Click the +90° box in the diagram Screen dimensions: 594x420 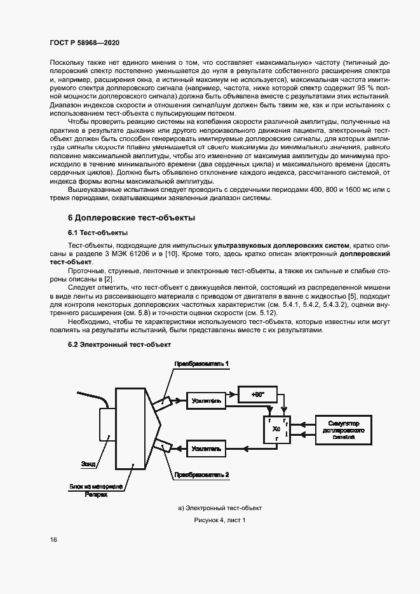257,395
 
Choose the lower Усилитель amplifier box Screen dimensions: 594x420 206,449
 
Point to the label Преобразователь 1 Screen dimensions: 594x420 202,363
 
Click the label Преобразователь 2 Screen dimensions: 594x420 201,475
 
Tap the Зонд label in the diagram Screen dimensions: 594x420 89,464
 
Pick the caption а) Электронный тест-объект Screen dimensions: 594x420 219,508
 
